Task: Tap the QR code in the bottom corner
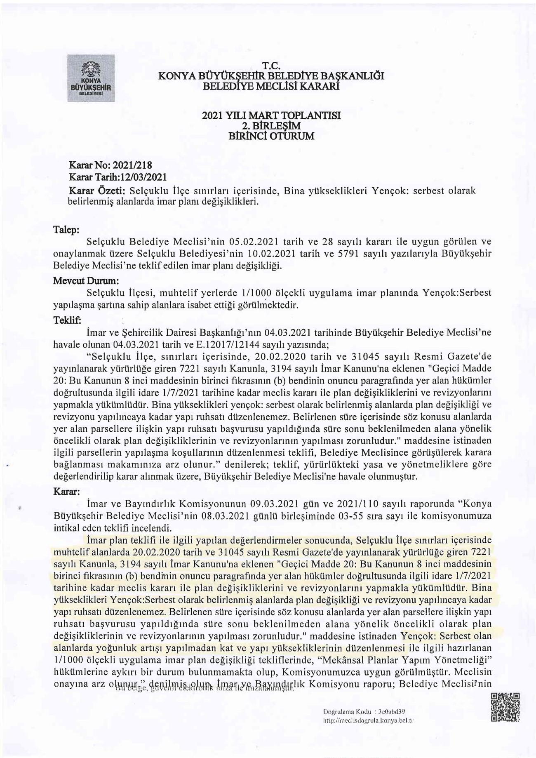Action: point(505,708)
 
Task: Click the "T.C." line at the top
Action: point(271,66)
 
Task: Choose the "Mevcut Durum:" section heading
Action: point(86,280)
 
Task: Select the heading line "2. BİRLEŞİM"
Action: point(271,125)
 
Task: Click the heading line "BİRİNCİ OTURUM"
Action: point(271,136)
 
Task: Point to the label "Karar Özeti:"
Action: point(96,191)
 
